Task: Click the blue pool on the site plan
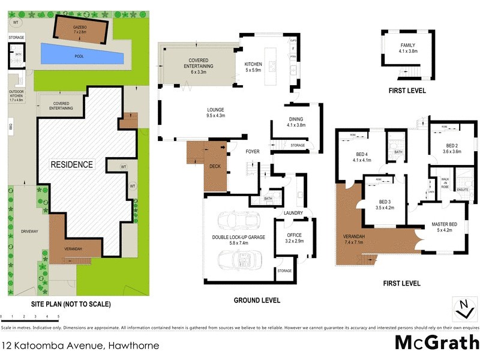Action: [x=82, y=57]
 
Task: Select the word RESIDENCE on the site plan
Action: [x=71, y=164]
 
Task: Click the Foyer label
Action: [x=253, y=152]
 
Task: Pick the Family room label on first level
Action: [x=408, y=48]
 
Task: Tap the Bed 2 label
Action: [x=452, y=148]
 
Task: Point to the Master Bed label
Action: [x=444, y=227]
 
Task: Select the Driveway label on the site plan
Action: [x=29, y=230]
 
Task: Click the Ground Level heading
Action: [x=257, y=300]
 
